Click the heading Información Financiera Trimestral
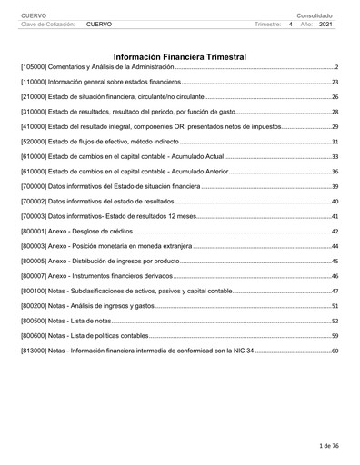click(179, 56)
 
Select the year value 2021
click(327, 25)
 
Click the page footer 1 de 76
click(328, 447)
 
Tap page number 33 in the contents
click(335, 157)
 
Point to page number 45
click(335, 261)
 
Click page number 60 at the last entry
click(335, 350)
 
